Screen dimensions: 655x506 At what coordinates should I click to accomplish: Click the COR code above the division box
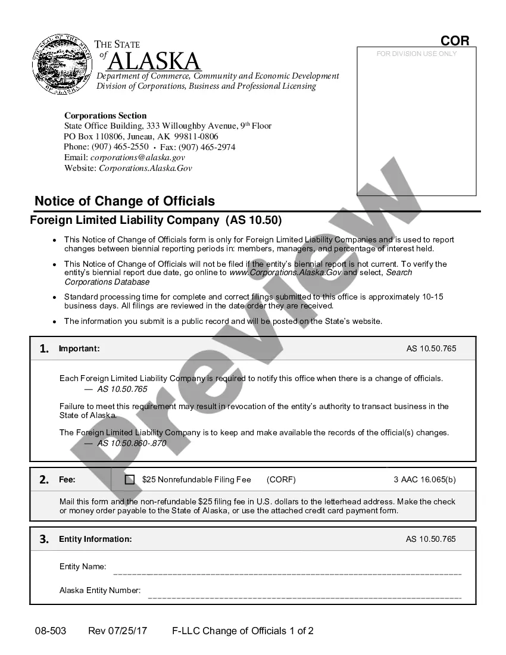click(455, 40)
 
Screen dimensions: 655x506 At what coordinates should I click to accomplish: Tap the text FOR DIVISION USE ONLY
click(416, 54)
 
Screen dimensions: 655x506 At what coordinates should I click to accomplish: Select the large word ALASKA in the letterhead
click(155, 61)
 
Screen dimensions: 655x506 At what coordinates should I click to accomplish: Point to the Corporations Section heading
click(105, 116)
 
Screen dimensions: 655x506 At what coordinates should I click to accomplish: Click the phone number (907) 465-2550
click(120, 146)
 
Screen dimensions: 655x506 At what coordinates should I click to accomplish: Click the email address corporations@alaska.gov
click(138, 157)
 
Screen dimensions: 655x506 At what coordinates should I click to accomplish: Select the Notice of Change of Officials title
click(124, 201)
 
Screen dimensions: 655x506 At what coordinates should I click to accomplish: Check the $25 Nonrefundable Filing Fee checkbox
click(130, 479)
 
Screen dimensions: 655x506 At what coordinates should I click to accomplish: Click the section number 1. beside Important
click(44, 349)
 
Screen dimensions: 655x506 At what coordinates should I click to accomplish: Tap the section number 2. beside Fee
click(44, 479)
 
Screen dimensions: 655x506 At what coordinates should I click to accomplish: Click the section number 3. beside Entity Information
click(44, 539)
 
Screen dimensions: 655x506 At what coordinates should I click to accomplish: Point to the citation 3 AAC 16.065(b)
click(424, 479)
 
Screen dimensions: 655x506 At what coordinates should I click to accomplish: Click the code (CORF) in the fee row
click(281, 479)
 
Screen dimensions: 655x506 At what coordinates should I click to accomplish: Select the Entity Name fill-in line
click(287, 573)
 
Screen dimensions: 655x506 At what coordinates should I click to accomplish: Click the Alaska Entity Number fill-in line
click(304, 596)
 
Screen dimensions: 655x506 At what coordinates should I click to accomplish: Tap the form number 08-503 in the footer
click(51, 631)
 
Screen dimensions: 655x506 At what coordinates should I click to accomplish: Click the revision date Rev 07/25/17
click(118, 631)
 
